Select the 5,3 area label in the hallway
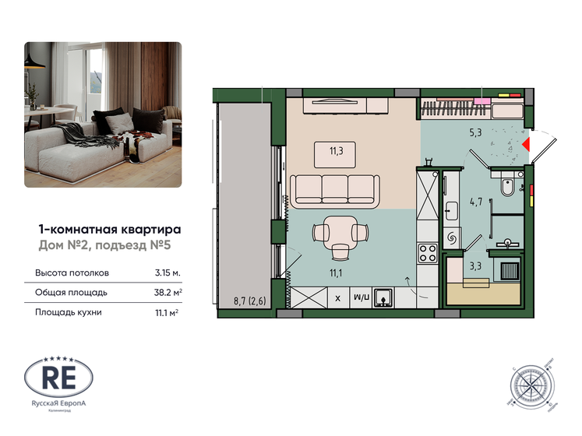coord(474,132)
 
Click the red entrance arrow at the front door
coord(526,144)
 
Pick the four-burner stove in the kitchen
coord(428,253)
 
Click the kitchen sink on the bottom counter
coord(384,297)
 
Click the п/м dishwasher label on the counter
coord(361,297)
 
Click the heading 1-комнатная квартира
coord(110,230)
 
